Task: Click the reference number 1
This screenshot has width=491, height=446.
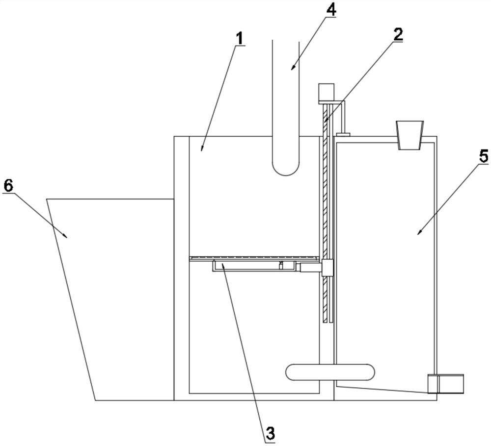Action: [x=239, y=38]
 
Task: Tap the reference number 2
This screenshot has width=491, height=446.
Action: [x=398, y=35]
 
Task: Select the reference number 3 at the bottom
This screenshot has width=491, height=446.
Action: [x=270, y=433]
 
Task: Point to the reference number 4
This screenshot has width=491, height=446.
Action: [x=331, y=10]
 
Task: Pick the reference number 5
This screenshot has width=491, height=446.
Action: [x=484, y=156]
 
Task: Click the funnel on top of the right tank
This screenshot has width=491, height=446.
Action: [x=410, y=135]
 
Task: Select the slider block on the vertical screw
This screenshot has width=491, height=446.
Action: [x=327, y=268]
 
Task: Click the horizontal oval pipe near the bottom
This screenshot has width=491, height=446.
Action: [x=330, y=372]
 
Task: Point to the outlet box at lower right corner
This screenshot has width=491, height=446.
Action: [x=446, y=383]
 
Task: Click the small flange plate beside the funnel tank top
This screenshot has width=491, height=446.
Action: [x=343, y=134]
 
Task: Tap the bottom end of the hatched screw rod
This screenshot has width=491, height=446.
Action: [x=326, y=322]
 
